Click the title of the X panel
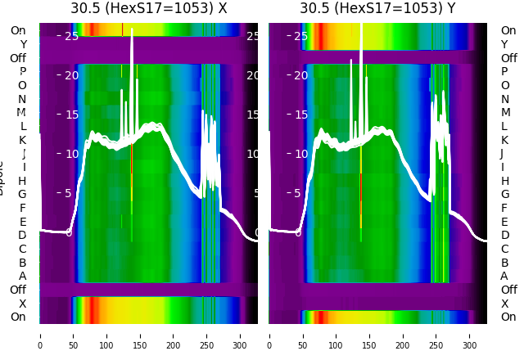point(149,9)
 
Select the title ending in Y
point(378,9)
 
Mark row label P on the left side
point(22,72)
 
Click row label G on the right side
point(504,195)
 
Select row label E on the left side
point(22,222)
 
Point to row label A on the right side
point(504,277)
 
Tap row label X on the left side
point(22,304)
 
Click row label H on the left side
point(22,181)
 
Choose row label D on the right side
point(504,236)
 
